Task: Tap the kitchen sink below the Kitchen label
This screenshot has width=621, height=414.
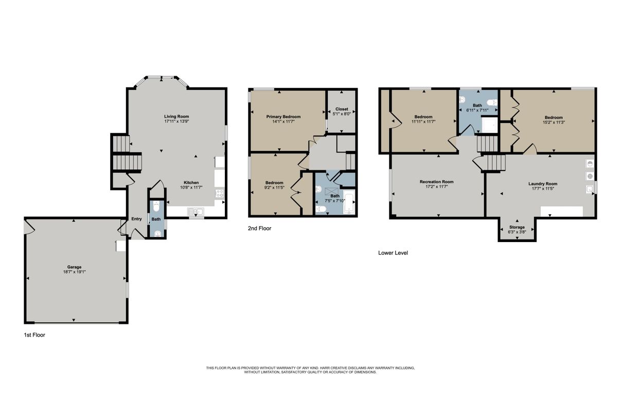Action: point(196,211)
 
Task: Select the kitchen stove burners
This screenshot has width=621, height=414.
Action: point(220,194)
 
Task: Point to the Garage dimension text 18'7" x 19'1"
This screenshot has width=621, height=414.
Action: point(74,272)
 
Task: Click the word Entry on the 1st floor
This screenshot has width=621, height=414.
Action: point(136,219)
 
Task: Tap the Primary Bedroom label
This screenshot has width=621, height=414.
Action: point(283,117)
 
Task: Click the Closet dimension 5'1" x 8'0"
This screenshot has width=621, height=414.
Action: point(342,114)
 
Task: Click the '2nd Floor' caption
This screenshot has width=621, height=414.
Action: point(259,228)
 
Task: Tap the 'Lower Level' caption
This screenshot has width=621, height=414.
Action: point(393,253)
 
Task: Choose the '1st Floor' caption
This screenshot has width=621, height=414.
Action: point(34,335)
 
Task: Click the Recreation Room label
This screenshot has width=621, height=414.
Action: point(436,182)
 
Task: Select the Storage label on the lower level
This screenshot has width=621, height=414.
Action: point(517,227)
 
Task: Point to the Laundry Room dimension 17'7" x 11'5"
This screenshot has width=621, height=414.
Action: point(542,188)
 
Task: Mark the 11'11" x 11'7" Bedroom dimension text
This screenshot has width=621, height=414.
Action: point(423,122)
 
